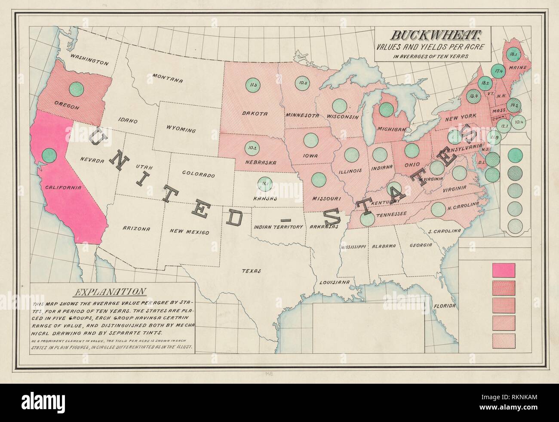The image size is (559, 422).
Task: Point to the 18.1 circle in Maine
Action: pos(512,55)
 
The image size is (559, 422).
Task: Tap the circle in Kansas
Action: pos(264,184)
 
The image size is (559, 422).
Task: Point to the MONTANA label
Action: pos(167,79)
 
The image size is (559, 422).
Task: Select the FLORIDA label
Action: pos(444,306)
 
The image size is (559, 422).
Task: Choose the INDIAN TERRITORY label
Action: pos(278,226)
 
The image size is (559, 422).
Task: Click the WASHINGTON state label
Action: pos(89,59)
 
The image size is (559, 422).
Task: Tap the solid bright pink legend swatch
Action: pos(503,269)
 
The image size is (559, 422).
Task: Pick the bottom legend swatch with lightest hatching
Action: pos(503,340)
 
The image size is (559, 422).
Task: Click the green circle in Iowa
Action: pos(310,140)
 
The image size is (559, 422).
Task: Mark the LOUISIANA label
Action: pos(334,282)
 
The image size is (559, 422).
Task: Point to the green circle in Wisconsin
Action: pos(340,105)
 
